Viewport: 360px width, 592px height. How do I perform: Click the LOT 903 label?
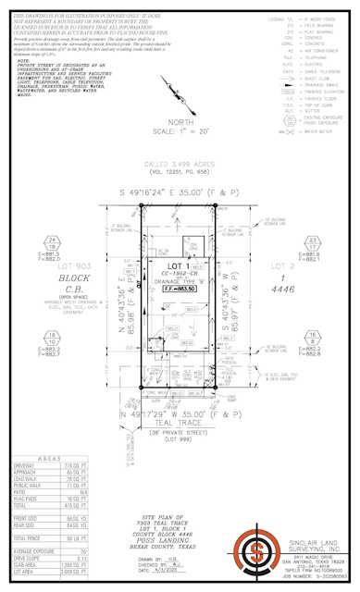(66, 264)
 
